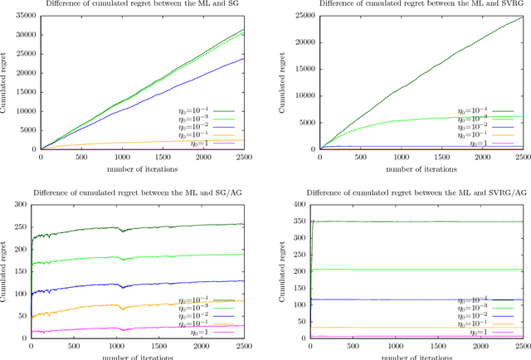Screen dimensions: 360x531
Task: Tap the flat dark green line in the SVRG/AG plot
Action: click(415, 221)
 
